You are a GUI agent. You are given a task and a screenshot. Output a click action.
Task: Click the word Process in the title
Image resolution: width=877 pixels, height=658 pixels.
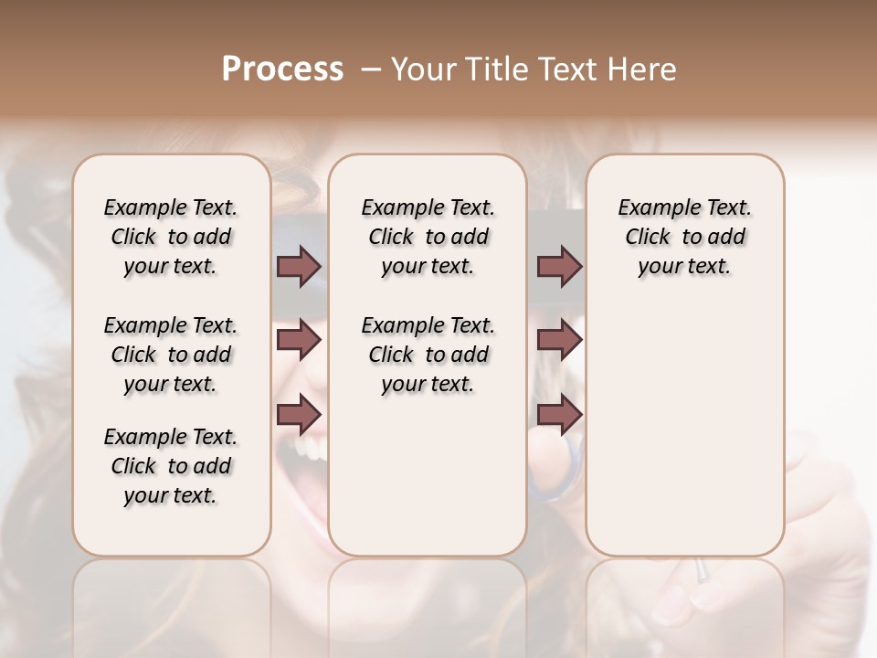(282, 69)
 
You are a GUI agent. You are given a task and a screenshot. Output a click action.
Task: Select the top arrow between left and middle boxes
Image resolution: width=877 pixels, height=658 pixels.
(299, 267)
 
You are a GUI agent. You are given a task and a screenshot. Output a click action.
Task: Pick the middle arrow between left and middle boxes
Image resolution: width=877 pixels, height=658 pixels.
(299, 340)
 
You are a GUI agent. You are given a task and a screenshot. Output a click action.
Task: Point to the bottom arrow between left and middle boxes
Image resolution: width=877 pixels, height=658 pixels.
(299, 414)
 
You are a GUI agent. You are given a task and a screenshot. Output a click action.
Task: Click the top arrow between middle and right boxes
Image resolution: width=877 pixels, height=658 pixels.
(559, 267)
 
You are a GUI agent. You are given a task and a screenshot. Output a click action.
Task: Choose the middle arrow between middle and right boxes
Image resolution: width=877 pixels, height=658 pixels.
(559, 340)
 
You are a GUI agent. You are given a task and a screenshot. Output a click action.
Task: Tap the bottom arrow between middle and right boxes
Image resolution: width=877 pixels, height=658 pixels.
(559, 414)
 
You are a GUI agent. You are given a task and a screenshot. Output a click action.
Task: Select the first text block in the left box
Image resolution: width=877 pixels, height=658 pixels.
(171, 237)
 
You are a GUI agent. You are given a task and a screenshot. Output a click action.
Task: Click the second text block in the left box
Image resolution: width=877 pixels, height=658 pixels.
(171, 355)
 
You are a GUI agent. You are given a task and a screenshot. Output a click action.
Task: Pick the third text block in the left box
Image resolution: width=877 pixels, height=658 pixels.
(171, 466)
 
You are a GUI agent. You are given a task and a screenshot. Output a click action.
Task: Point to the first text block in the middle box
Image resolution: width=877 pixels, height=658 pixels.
(428, 237)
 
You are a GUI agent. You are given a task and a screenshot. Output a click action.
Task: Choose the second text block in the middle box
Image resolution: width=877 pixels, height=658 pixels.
(428, 355)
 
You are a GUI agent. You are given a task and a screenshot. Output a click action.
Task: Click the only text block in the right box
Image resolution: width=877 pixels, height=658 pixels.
(685, 237)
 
